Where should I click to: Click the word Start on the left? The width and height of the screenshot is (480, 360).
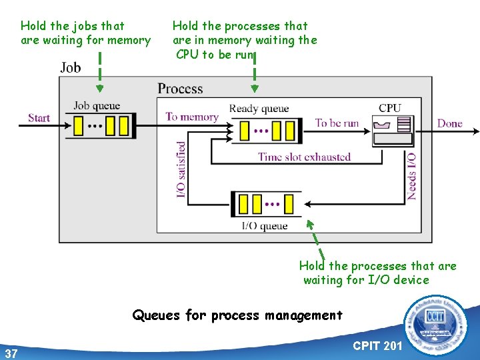pos(39,118)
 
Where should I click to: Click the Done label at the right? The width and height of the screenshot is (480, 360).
pos(449,123)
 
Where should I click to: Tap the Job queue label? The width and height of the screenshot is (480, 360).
pos(97,105)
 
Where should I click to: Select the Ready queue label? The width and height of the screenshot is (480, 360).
pos(259,109)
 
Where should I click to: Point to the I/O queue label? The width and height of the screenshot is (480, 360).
pos(265,226)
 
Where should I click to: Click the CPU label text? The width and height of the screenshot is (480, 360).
pos(390,108)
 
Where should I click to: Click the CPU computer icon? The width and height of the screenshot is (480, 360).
pos(393,131)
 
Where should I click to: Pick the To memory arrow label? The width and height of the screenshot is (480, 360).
pos(192,117)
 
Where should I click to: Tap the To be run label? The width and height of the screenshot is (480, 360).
pos(337,123)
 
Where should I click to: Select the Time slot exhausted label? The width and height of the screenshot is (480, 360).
pos(304,157)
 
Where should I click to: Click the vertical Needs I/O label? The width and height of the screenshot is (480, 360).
pos(412,177)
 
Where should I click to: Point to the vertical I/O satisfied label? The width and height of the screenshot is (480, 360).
pos(181,170)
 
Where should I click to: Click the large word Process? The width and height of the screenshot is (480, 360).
pos(180,89)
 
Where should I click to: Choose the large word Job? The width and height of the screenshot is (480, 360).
pos(71,67)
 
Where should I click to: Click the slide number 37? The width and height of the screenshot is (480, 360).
pos(11,353)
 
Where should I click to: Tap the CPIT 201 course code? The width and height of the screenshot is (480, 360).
pos(377,346)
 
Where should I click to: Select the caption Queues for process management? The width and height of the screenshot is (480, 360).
pos(237,315)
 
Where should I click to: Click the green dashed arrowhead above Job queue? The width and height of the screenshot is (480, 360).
pos(100,88)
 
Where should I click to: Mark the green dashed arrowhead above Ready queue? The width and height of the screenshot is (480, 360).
pos(254,88)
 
